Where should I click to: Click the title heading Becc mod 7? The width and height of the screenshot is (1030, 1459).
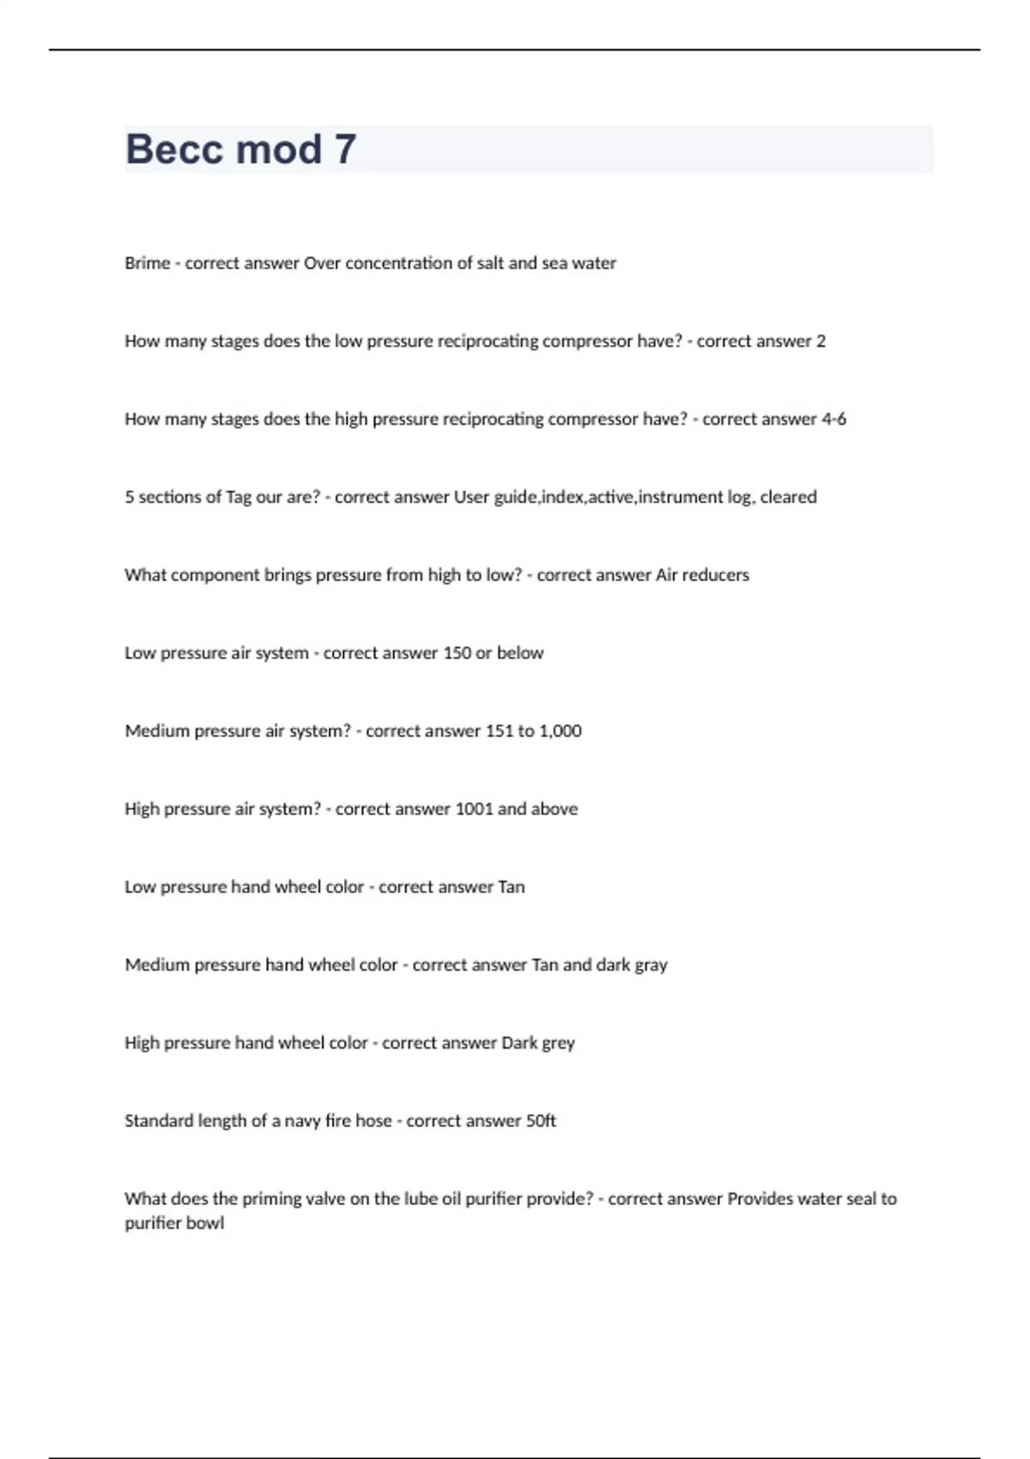[240, 149]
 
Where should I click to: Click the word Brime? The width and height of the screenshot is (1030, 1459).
[147, 263]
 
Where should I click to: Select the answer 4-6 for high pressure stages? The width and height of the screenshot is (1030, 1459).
[833, 419]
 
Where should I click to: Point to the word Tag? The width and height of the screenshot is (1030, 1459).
[238, 497]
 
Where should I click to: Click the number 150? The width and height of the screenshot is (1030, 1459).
[457, 653]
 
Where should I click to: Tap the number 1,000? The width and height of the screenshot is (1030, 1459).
[560, 731]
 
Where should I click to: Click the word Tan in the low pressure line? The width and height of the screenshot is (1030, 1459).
[511, 887]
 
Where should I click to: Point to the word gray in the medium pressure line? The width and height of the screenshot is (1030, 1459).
[651, 966]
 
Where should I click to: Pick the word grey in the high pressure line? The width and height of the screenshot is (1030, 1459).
[558, 1044]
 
